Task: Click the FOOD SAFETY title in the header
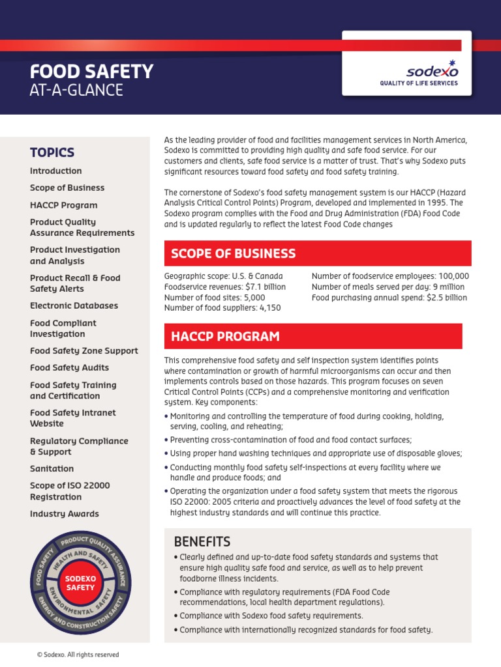[x=91, y=71]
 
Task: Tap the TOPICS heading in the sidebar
[x=52, y=152]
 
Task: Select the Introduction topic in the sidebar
[x=56, y=171]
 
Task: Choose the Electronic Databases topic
[x=74, y=305]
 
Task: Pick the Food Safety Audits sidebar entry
[x=70, y=367]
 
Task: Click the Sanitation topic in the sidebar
[x=52, y=468]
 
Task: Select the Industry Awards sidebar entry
[x=65, y=513]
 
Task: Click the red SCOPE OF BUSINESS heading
[x=233, y=253]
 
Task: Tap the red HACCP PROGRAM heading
[x=225, y=336]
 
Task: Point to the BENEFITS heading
[x=202, y=542]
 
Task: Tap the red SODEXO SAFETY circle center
[x=80, y=582]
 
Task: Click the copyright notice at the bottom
[x=78, y=655]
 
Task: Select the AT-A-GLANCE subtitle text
[x=76, y=91]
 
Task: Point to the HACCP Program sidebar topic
[x=64, y=205]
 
